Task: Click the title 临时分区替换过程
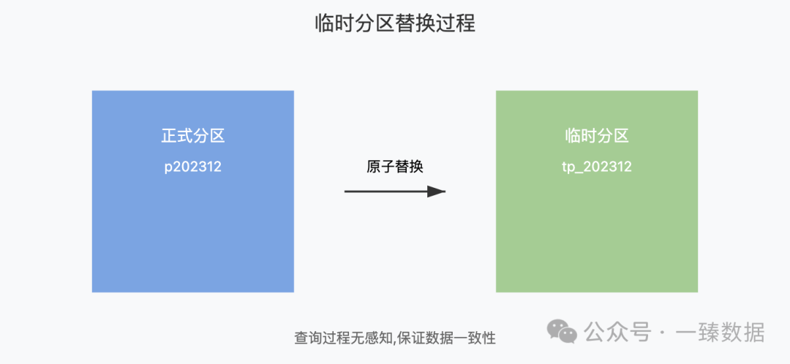pyautogui.click(x=395, y=24)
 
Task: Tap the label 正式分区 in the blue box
pyautogui.click(x=193, y=136)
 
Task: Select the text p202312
pyautogui.click(x=193, y=167)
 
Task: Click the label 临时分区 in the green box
pyautogui.click(x=597, y=136)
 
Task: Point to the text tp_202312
pyautogui.click(x=597, y=167)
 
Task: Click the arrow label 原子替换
pyautogui.click(x=395, y=167)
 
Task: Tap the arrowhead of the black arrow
pyautogui.click(x=437, y=192)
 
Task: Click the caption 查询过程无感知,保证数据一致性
pyautogui.click(x=395, y=338)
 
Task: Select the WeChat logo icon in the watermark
pyautogui.click(x=563, y=333)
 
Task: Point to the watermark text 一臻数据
pyautogui.click(x=720, y=333)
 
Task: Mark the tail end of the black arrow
pyautogui.click(x=347, y=192)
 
